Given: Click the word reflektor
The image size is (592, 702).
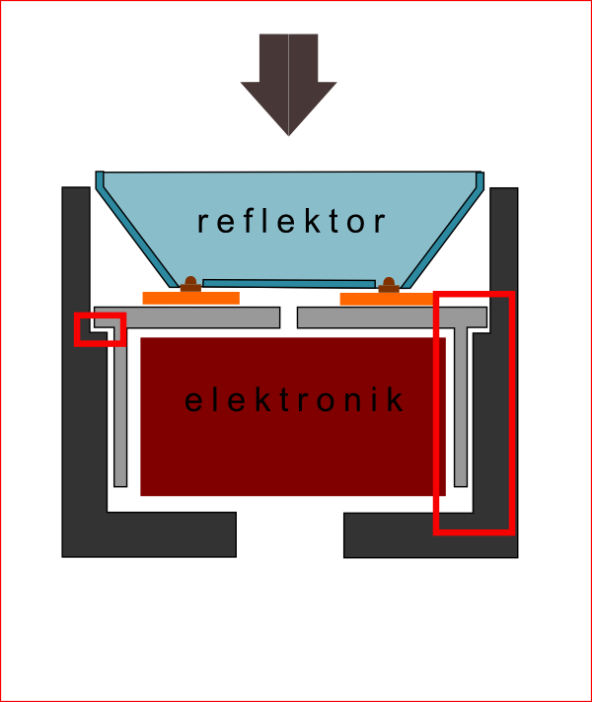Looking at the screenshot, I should coord(292,221).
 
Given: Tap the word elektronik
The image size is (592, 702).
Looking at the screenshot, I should coord(295,400).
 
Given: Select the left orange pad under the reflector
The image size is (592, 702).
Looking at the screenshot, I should coord(190,298).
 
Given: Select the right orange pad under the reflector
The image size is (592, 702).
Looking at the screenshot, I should coord(387,299).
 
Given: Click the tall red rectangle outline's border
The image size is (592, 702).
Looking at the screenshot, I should coord(512,414).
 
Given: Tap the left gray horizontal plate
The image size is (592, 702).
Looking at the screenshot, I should coord(197,317).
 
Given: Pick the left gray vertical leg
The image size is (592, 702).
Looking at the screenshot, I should coord(120,414).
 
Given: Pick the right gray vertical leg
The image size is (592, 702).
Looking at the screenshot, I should coord(460,414).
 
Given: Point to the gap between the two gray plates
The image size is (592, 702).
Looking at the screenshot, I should coord(288,317).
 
